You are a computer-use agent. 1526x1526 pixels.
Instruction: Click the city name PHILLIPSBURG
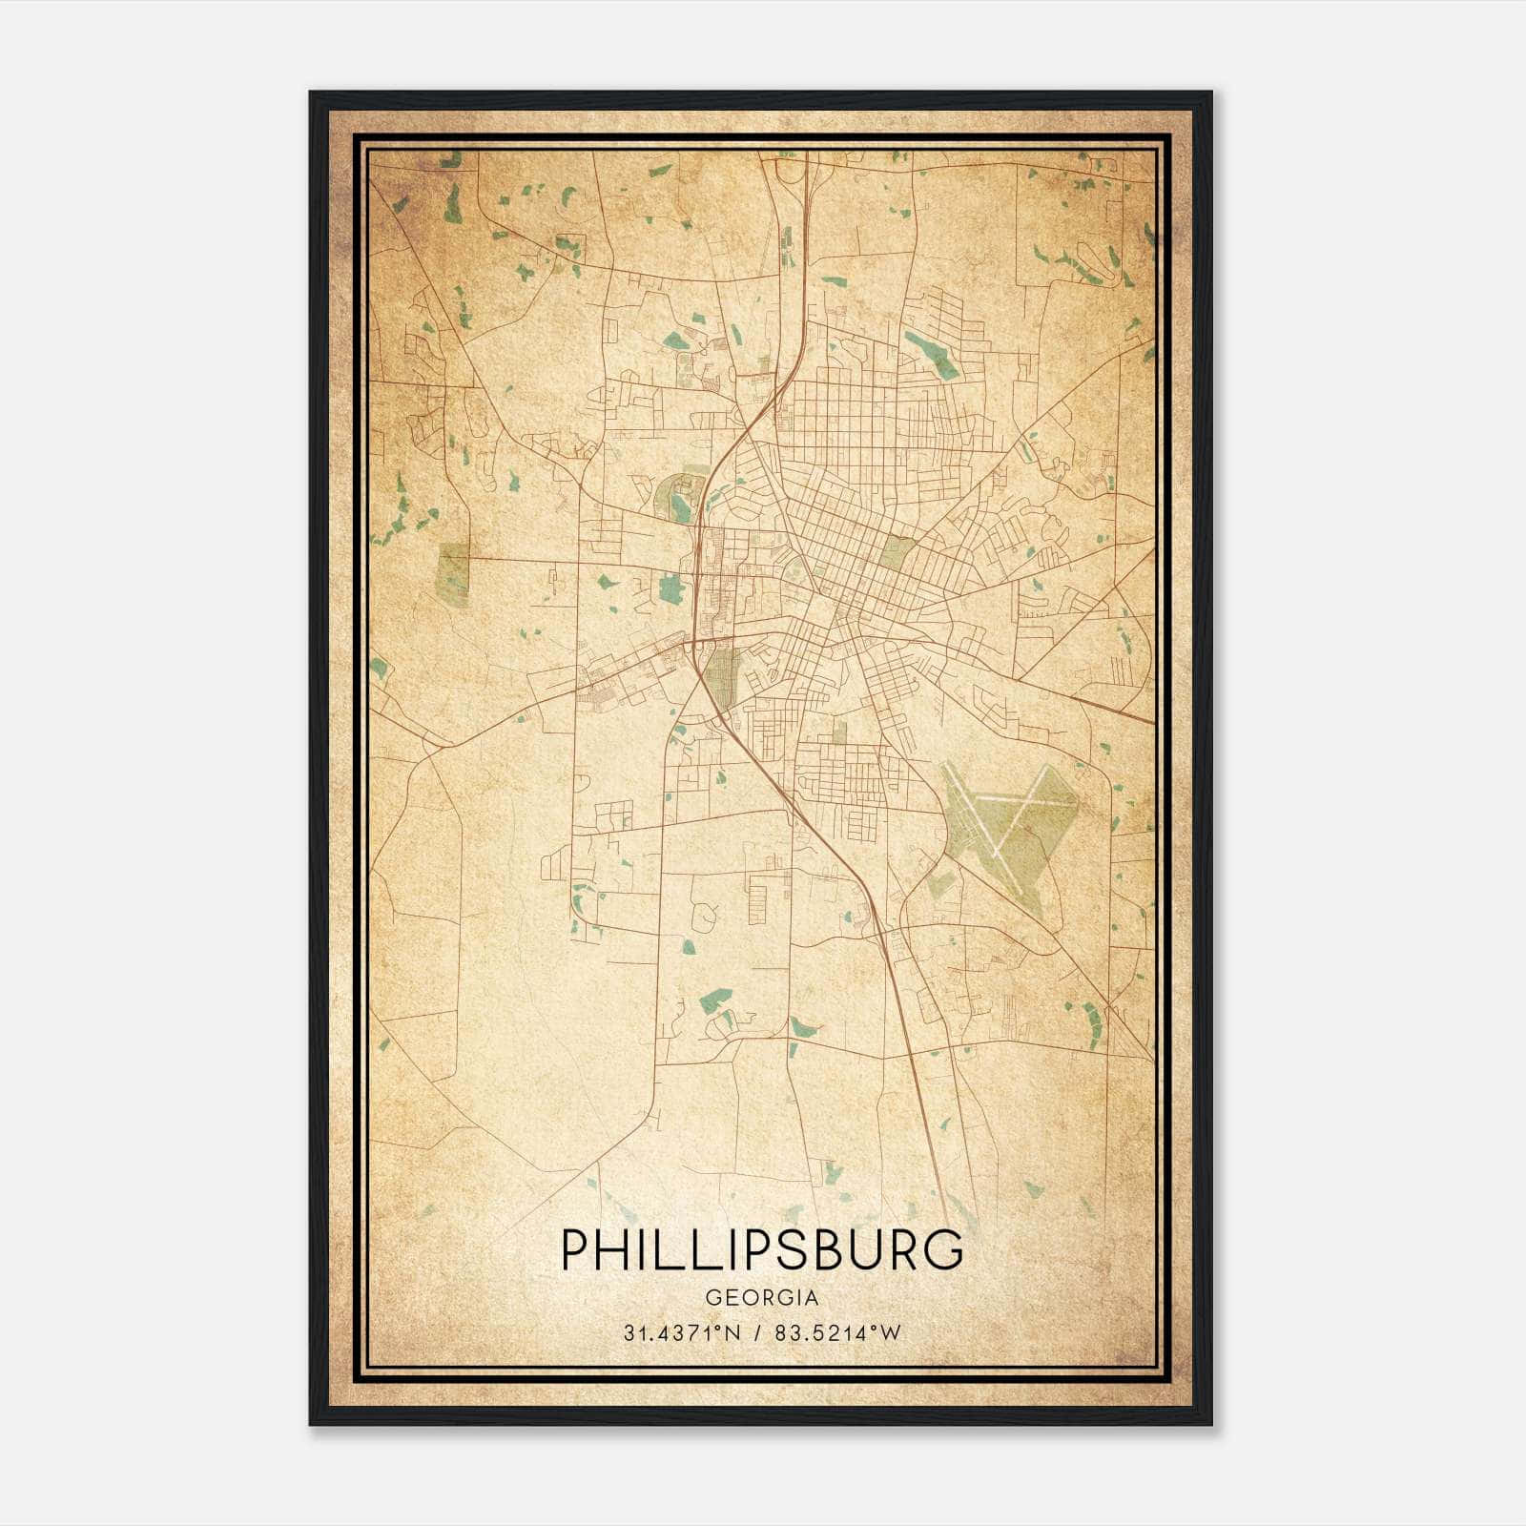(762, 1249)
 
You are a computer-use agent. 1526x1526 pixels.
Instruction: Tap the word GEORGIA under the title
(762, 1298)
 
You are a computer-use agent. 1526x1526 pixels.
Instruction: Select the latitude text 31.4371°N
(682, 1333)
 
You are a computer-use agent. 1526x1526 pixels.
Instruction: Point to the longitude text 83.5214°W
(837, 1333)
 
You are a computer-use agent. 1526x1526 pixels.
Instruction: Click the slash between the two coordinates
(758, 1333)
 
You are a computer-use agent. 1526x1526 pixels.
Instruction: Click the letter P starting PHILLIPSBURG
(574, 1249)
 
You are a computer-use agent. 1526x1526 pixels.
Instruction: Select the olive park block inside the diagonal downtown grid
(897, 552)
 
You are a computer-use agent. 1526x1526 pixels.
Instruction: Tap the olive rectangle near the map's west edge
(454, 574)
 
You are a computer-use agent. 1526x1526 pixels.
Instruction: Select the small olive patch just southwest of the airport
(941, 883)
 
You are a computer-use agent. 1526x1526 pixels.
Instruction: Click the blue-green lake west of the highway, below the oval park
(671, 588)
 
